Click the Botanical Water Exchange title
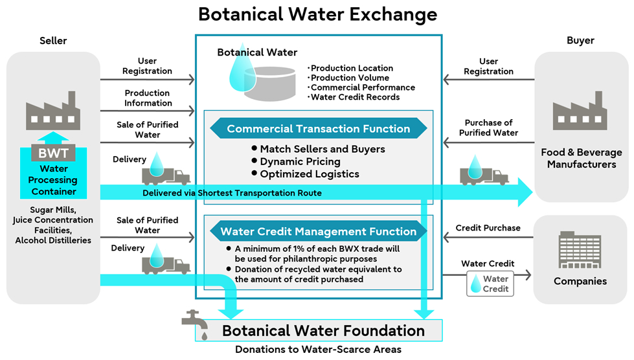point(317,14)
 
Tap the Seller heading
point(53,41)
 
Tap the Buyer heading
point(580,41)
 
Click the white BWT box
point(53,154)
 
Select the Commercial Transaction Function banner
point(318,129)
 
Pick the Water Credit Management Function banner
point(318,231)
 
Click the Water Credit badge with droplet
point(490,284)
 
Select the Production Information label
point(148,98)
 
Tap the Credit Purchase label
point(488,228)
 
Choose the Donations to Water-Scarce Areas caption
point(318,350)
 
